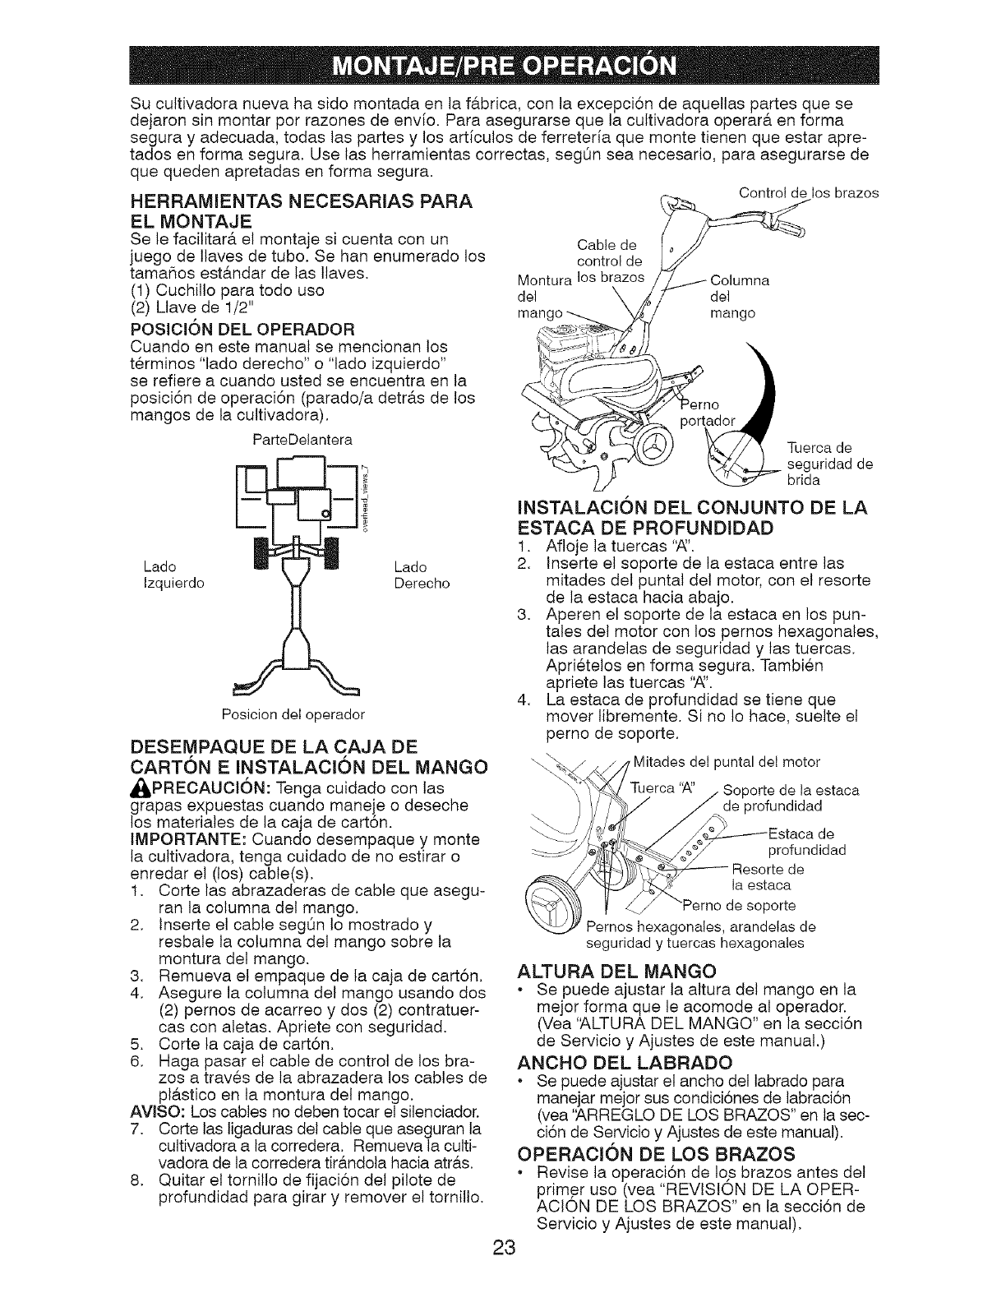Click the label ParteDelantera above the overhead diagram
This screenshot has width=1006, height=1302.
click(x=302, y=440)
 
